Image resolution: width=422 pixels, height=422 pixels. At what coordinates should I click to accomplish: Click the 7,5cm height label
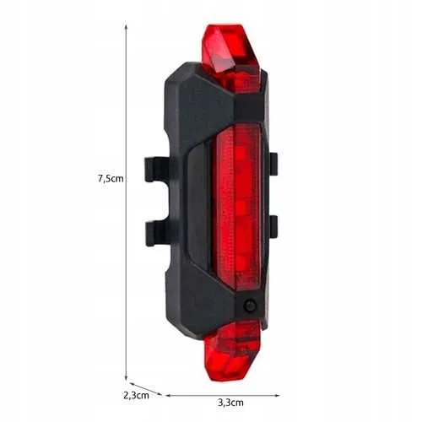pos(111,178)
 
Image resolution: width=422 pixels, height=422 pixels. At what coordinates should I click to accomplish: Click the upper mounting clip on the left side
pos(157,169)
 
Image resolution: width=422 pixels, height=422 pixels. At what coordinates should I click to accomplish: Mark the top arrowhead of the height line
pos(126,26)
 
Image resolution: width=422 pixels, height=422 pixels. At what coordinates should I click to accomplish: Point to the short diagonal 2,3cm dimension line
pos(143,388)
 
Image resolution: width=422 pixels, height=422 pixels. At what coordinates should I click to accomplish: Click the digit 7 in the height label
pos(100,178)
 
